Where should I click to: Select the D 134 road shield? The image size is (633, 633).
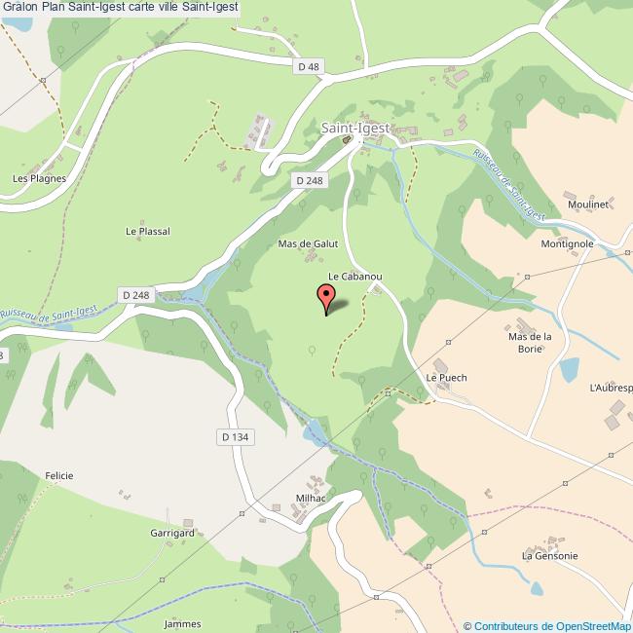tap(236, 438)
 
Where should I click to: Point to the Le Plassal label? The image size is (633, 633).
tap(148, 232)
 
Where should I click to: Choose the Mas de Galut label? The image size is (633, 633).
tap(308, 243)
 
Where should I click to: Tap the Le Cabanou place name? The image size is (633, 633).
tap(354, 277)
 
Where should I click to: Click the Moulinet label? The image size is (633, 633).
tap(588, 205)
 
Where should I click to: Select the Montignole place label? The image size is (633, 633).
tap(568, 243)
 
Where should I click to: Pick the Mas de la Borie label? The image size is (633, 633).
tap(531, 342)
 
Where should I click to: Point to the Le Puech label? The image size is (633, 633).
tap(446, 378)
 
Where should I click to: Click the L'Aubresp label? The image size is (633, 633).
tap(611, 387)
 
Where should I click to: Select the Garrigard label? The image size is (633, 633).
tap(172, 535)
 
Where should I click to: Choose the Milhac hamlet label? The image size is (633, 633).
tap(311, 498)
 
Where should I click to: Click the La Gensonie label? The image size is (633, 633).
tap(550, 556)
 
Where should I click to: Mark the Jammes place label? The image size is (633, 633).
tap(183, 624)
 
